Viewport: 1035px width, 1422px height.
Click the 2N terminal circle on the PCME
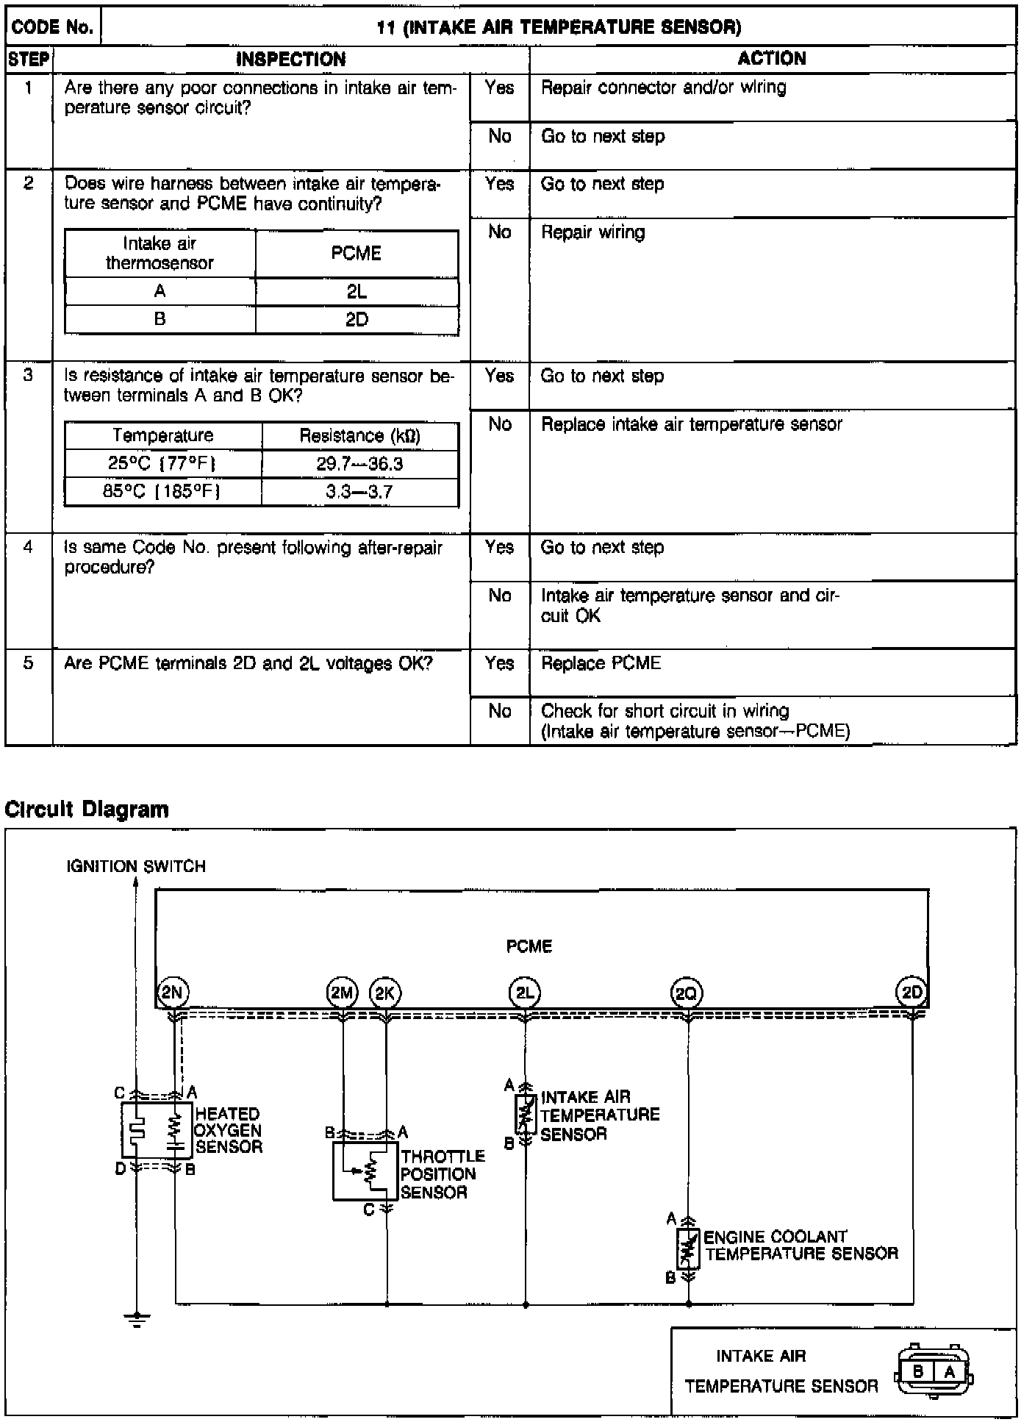click(173, 993)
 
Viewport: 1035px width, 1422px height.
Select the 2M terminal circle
click(342, 993)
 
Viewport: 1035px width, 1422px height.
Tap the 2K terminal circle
click(385, 993)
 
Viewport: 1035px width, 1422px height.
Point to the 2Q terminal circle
click(687, 994)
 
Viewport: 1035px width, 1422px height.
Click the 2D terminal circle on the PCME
click(912, 993)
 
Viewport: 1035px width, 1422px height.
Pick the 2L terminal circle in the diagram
click(525, 993)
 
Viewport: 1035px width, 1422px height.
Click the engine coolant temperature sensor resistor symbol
click(688, 1248)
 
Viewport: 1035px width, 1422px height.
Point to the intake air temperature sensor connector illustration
click(934, 1371)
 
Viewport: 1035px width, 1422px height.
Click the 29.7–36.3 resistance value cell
click(359, 464)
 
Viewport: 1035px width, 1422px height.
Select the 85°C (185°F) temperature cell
click(162, 491)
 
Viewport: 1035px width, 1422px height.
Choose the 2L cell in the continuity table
click(357, 292)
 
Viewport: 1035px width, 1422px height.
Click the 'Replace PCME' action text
click(601, 663)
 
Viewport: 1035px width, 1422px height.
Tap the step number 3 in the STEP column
click(28, 376)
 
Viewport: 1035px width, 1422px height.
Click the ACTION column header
click(772, 59)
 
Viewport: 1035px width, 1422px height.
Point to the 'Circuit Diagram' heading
click(87, 810)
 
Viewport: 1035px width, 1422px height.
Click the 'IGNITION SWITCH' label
click(136, 866)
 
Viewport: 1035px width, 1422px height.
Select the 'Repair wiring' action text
click(592, 232)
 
